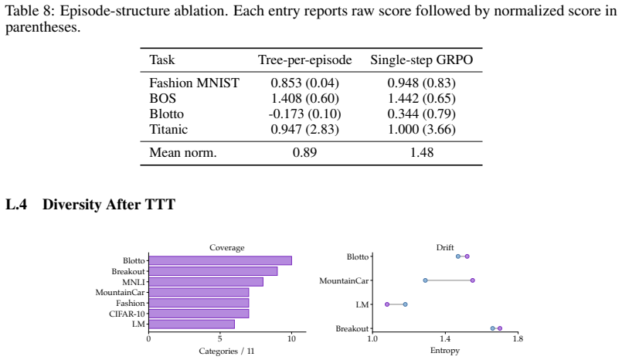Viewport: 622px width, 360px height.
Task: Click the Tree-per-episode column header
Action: pos(304,59)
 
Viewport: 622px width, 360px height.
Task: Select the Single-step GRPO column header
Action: pos(422,59)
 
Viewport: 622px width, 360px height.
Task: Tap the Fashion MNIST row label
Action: pos(195,83)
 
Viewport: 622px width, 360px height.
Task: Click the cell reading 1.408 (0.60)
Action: pos(304,98)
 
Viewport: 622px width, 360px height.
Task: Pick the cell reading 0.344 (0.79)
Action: pos(422,114)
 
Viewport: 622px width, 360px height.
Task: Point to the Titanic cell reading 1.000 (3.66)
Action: pos(422,129)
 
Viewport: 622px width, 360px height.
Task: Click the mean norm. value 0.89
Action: pos(304,153)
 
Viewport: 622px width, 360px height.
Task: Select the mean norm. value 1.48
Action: pos(422,153)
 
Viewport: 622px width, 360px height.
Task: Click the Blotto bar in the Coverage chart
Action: pos(220,260)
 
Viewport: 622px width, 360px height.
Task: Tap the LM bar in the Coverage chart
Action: pos(192,324)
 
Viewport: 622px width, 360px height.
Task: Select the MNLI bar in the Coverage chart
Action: pos(206,282)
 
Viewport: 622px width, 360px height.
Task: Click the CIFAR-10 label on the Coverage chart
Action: pos(127,314)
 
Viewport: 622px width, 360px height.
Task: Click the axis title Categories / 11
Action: pos(226,352)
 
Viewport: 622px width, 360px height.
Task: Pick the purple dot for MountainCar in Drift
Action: pos(472,280)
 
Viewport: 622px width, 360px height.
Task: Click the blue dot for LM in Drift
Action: pos(405,304)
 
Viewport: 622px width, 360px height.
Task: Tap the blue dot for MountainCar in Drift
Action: pos(425,280)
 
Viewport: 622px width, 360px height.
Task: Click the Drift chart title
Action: pos(445,247)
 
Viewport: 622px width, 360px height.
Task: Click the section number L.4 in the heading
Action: pos(16,205)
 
